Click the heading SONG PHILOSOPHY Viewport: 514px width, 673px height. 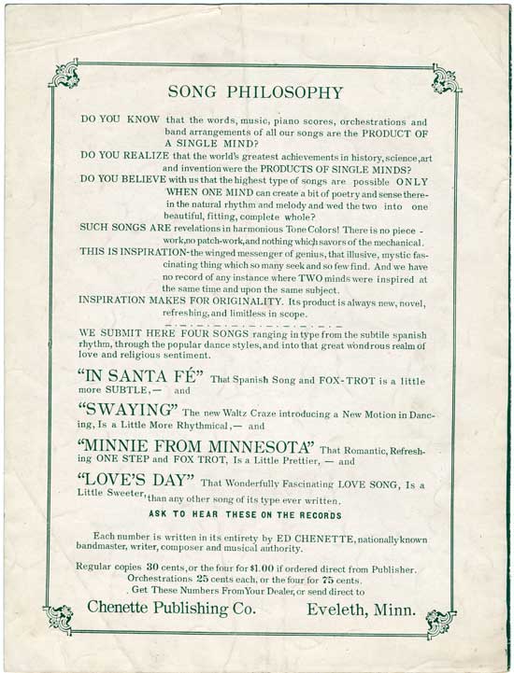[x=255, y=92]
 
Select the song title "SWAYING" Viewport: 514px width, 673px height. [x=128, y=412]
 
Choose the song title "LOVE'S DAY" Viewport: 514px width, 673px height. [x=136, y=482]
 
